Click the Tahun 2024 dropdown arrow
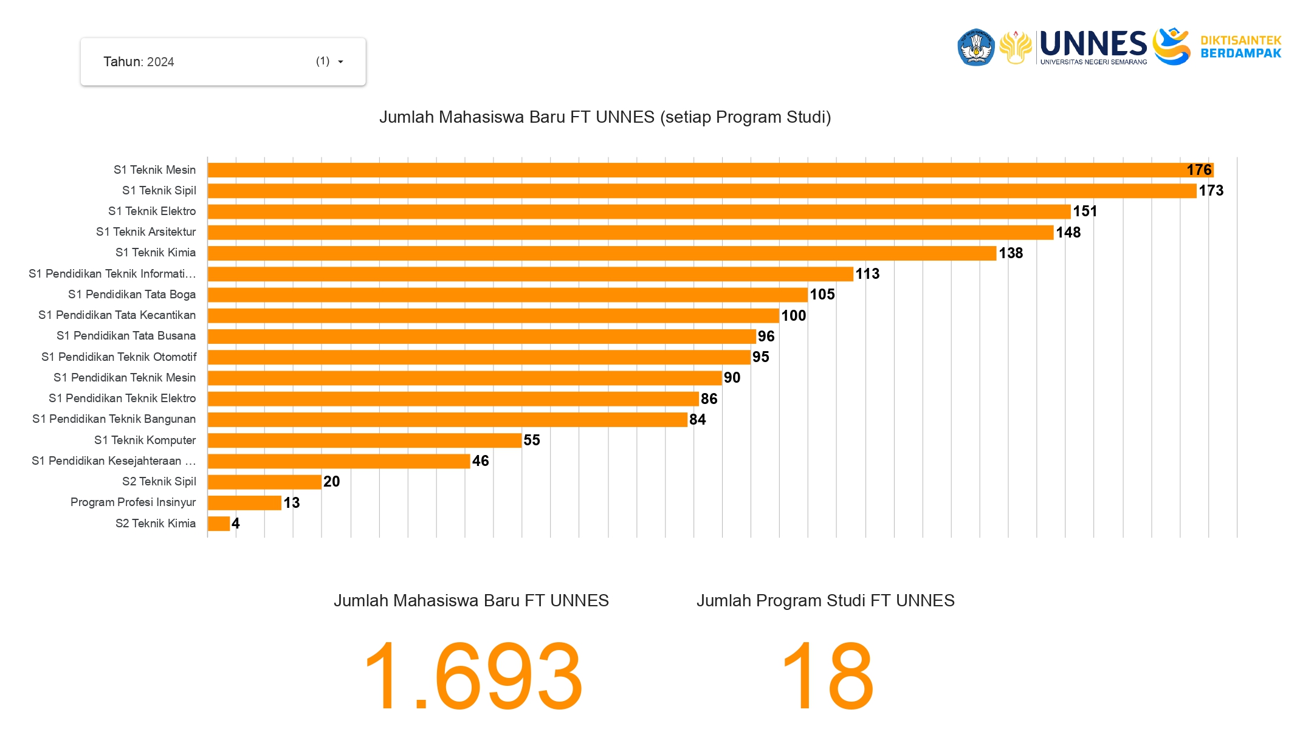point(340,62)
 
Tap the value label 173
point(1211,191)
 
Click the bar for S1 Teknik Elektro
point(638,211)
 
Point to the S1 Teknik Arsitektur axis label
point(146,232)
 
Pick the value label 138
point(1011,253)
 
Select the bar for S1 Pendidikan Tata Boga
point(507,295)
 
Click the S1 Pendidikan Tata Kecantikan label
point(117,315)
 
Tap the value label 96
point(766,337)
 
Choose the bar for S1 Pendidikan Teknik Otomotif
point(479,357)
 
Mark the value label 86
point(709,399)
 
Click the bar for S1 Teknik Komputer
point(365,440)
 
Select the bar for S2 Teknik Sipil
point(264,482)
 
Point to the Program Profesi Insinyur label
point(133,502)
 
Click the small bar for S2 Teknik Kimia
point(219,524)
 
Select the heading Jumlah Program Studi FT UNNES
point(825,601)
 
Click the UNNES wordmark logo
point(1093,46)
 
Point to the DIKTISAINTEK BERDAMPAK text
point(1240,47)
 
